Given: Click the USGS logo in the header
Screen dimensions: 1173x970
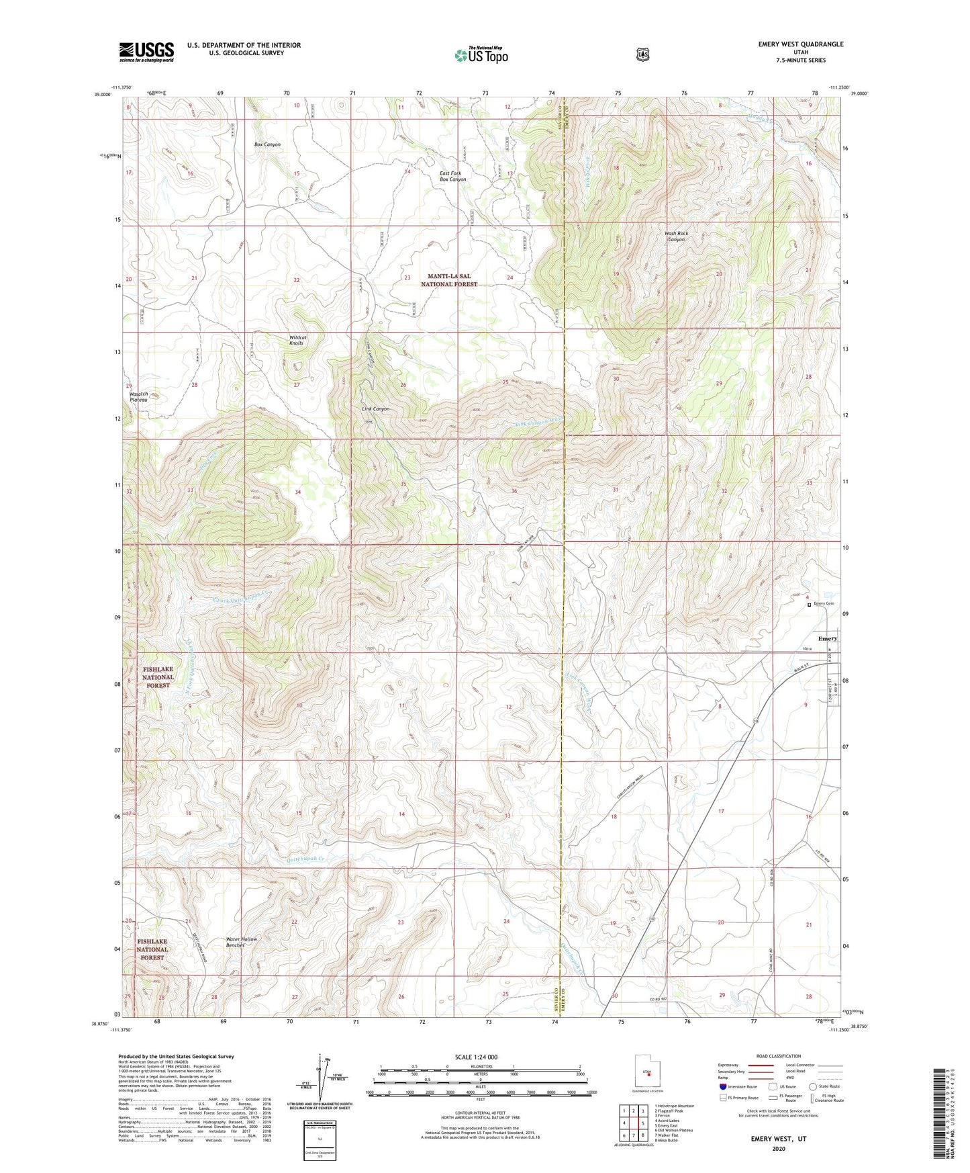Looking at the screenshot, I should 146,52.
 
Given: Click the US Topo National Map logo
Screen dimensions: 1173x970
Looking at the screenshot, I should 481,54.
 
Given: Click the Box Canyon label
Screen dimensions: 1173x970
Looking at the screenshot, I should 267,144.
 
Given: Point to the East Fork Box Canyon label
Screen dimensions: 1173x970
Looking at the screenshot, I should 452,176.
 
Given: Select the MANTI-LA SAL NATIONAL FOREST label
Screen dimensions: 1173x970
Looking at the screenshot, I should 449,280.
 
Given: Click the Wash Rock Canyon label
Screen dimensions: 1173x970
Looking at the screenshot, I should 676,236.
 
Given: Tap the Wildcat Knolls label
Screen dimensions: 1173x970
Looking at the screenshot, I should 297,340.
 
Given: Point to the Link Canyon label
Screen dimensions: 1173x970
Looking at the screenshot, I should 375,408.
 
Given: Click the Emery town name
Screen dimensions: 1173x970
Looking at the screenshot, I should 827,638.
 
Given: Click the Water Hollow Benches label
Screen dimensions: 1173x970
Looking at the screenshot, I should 241,942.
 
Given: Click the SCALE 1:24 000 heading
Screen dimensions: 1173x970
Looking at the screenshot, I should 476,1057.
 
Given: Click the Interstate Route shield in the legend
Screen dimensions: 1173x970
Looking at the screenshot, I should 723,1086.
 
